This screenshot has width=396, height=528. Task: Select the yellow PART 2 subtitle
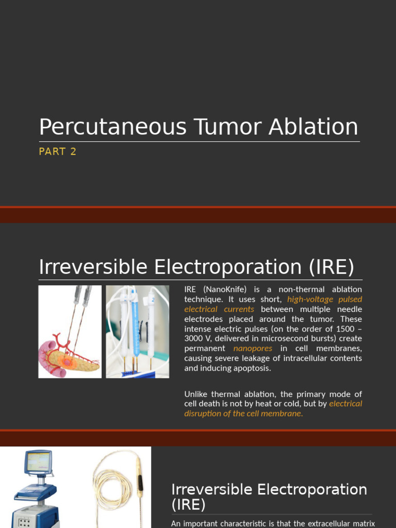point(57,152)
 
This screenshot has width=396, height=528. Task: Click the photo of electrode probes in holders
point(137,332)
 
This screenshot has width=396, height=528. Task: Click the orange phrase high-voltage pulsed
point(324,299)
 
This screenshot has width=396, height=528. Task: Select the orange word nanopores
point(253,348)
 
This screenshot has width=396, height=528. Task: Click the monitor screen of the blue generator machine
point(38,462)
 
